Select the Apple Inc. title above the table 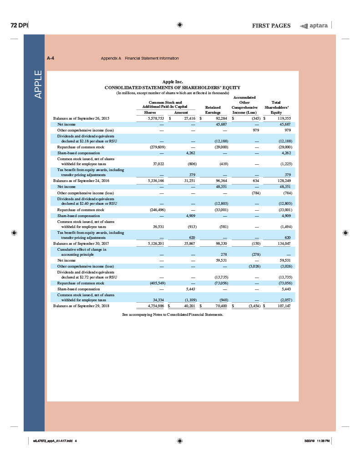point(172,81)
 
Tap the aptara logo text point(318,25)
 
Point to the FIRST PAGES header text point(271,25)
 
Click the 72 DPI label point(19,25)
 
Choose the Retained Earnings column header point(213,109)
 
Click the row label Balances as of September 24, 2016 point(81,181)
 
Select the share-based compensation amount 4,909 point(190,215)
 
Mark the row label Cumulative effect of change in point(81,249)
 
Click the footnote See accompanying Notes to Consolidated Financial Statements point(172,314)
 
